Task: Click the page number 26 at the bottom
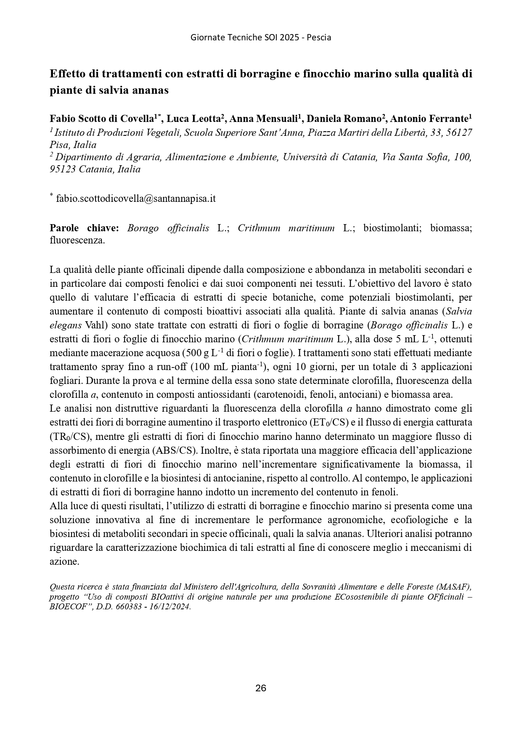coord(261,688)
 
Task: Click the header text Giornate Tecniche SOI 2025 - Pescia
coord(261,37)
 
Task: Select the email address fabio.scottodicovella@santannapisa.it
coord(135,198)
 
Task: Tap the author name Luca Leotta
coord(193,119)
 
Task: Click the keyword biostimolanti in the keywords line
coord(391,228)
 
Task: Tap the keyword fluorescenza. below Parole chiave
coord(77,241)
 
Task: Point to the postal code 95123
coord(62,169)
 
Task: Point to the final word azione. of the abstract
coord(64,561)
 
